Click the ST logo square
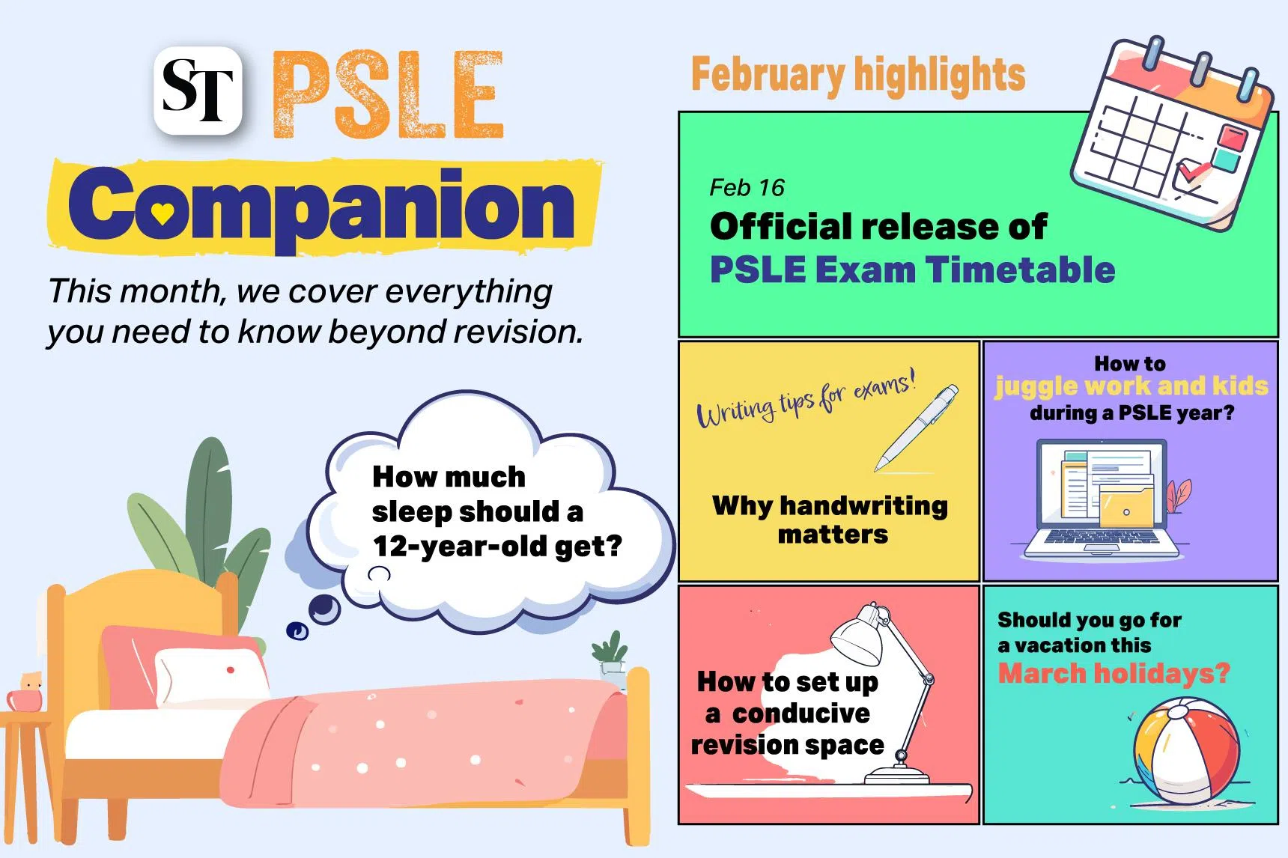point(198,91)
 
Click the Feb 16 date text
point(747,187)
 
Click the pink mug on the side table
point(25,699)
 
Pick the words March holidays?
point(1114,673)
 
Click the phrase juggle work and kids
point(1131,386)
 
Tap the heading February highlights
point(858,74)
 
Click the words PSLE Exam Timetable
point(912,270)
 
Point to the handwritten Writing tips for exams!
point(806,400)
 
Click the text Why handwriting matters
point(830,520)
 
